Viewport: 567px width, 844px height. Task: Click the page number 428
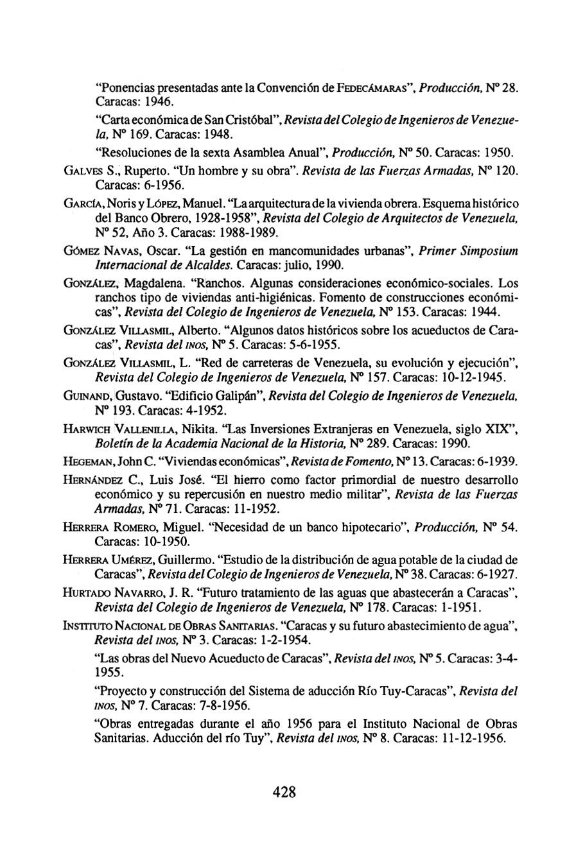(x=283, y=791)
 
